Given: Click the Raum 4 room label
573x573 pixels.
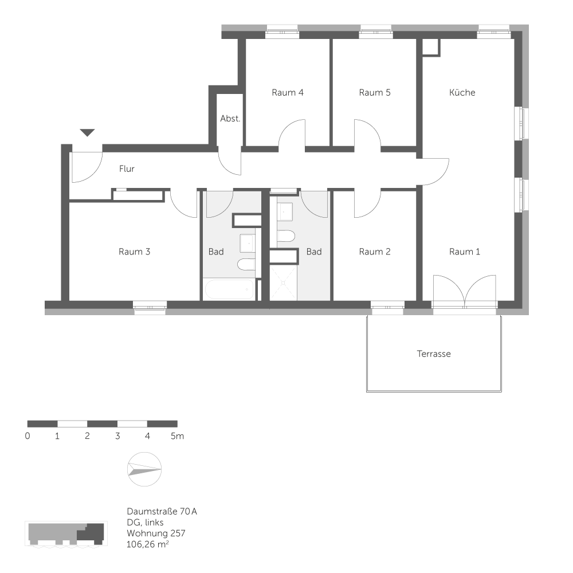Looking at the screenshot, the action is click(288, 92).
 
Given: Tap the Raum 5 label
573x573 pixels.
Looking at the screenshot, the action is click(375, 92).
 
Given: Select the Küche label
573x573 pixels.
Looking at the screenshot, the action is click(462, 92).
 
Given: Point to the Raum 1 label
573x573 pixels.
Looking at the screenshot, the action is click(465, 252).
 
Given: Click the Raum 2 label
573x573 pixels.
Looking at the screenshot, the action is click(375, 252).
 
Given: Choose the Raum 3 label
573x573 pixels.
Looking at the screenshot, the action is click(134, 252).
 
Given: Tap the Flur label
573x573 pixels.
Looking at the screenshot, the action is click(127, 168).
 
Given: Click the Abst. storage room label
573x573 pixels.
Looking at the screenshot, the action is click(230, 119).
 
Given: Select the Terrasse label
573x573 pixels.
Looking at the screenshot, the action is click(434, 354).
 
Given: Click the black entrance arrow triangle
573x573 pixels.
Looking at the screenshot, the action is click(87, 132).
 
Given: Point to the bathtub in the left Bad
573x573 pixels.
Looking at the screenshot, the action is click(229, 290).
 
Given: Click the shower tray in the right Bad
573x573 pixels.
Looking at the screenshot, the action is click(283, 283).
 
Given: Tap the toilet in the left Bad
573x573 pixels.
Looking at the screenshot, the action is click(246, 264).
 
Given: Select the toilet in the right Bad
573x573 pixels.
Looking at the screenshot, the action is click(286, 236).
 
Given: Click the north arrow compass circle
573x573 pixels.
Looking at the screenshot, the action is click(144, 469).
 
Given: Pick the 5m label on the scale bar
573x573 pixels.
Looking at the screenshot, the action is click(177, 436).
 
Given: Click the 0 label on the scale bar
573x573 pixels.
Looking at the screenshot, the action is click(28, 436).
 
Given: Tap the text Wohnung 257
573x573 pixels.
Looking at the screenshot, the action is click(156, 533).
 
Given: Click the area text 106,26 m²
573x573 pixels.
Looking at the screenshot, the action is click(148, 544).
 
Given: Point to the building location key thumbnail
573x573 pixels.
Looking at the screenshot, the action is click(66, 534).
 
